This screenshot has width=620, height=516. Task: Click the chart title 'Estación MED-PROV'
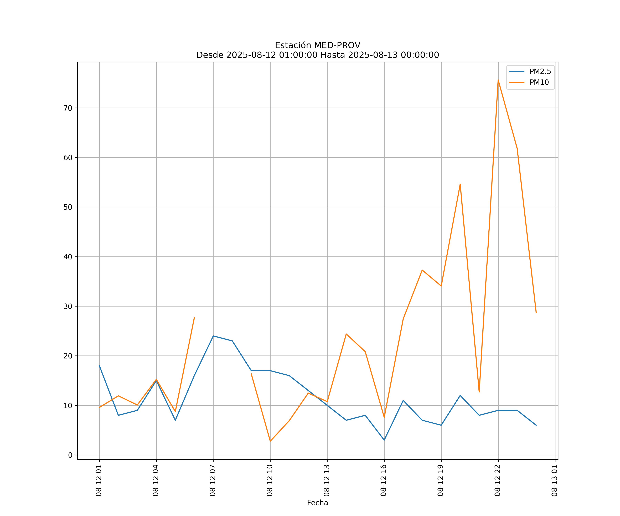(317, 45)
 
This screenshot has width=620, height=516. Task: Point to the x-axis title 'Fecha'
(317, 503)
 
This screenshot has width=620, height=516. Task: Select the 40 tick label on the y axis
(68, 257)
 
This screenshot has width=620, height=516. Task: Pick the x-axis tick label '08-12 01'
(99, 480)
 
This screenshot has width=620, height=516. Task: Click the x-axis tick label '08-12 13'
(327, 480)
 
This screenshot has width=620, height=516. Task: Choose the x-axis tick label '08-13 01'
(555, 480)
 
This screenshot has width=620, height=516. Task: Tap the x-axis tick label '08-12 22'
(498, 480)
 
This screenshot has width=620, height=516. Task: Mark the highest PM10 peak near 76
(498, 80)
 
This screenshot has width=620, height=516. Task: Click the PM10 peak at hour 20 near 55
(460, 184)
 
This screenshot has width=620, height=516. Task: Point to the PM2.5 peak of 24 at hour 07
(213, 336)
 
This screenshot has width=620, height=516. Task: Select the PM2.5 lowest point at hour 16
(384, 440)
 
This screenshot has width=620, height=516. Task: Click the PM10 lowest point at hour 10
(270, 441)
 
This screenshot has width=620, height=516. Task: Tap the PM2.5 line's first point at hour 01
(99, 366)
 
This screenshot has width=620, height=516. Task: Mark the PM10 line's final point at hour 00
(536, 313)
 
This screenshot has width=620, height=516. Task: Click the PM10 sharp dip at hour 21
(479, 392)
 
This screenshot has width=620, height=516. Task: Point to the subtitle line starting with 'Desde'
(317, 55)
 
